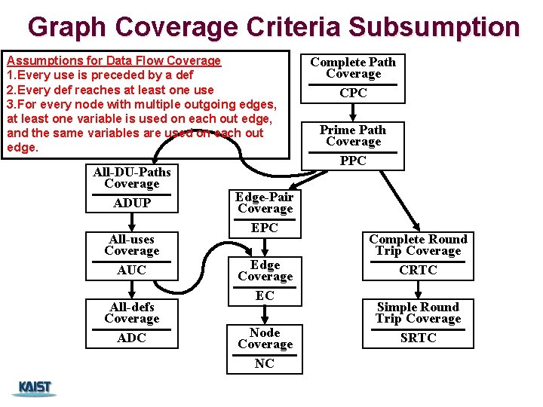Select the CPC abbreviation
353,93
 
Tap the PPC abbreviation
353,161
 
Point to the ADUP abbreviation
132,203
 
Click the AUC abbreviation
132,270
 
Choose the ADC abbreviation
132,338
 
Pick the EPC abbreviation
265,228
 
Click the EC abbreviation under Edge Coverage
265,295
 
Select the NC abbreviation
265,363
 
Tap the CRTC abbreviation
418,270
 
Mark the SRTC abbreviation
418,338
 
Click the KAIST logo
35,388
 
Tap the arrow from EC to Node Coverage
265,315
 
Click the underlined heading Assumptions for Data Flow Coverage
113,60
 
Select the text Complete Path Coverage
353,68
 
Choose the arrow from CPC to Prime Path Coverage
353,112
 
